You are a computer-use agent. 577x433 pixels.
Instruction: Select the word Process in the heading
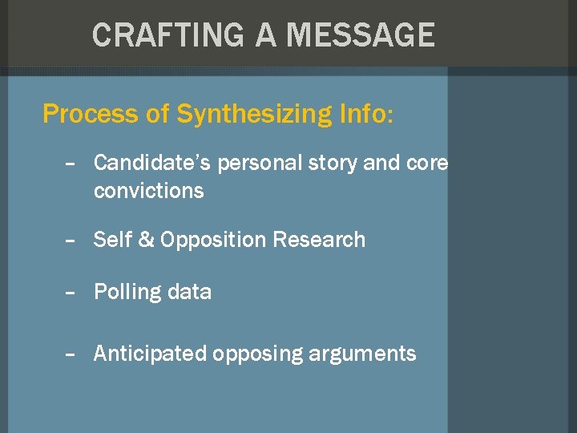click(90, 114)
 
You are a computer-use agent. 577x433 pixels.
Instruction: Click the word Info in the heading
click(361, 114)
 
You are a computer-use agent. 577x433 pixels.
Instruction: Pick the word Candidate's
click(153, 164)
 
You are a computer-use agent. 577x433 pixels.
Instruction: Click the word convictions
click(148, 192)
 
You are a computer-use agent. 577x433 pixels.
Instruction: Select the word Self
click(113, 240)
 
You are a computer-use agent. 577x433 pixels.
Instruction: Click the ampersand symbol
click(146, 240)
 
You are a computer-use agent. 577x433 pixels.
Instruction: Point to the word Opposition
click(213, 241)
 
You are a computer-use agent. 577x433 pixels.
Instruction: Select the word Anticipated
click(150, 354)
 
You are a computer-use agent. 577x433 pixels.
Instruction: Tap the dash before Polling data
click(71, 293)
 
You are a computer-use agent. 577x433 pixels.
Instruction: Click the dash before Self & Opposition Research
click(71, 241)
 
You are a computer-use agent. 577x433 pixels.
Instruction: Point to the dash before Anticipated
click(71, 354)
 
